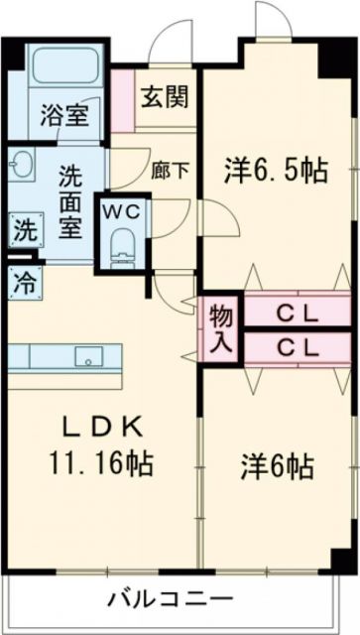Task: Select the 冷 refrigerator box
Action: (23, 280)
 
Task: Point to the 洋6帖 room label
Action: (275, 464)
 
